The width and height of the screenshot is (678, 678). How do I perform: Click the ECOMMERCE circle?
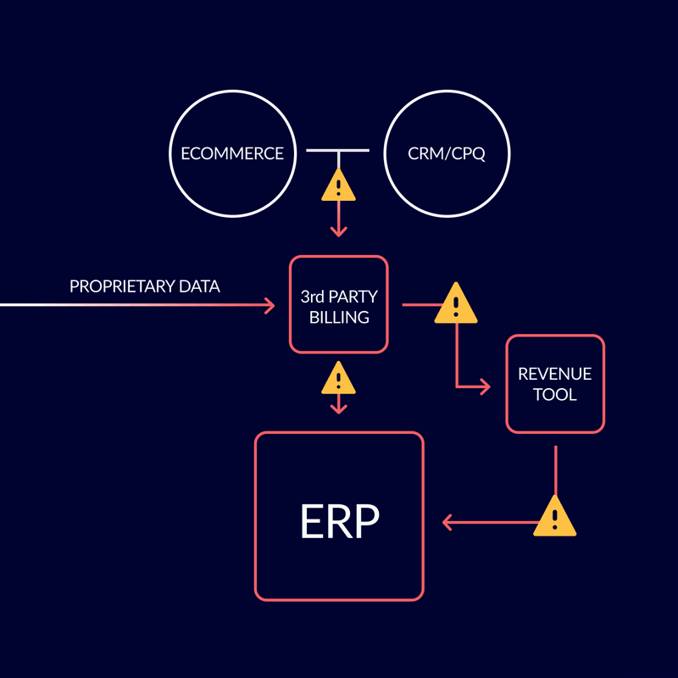click(x=231, y=154)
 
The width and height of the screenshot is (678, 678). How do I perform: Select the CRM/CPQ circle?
click(x=447, y=154)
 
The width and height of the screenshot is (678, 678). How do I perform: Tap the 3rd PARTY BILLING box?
click(x=339, y=304)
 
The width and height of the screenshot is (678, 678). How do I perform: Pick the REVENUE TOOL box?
click(x=555, y=384)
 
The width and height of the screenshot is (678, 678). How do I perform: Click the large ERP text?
click(x=339, y=523)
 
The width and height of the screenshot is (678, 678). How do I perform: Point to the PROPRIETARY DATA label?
click(x=145, y=286)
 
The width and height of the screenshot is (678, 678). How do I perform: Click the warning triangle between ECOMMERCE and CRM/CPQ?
click(x=339, y=186)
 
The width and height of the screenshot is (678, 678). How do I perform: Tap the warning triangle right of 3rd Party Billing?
click(x=456, y=303)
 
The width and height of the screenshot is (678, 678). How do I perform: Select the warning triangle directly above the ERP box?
click(x=339, y=379)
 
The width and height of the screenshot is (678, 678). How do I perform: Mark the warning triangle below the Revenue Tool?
click(x=555, y=516)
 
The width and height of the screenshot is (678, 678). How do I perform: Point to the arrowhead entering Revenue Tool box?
click(x=485, y=387)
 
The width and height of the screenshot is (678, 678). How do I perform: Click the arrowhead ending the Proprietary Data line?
click(x=270, y=304)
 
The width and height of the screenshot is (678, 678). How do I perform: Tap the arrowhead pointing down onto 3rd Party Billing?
click(x=339, y=231)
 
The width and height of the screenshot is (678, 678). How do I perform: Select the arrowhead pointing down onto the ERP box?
click(x=339, y=408)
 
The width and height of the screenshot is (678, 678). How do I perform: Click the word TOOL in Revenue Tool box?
click(x=555, y=395)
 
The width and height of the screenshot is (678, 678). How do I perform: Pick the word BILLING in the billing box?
click(x=339, y=318)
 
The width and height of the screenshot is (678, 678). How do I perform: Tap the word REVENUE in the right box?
click(x=555, y=374)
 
